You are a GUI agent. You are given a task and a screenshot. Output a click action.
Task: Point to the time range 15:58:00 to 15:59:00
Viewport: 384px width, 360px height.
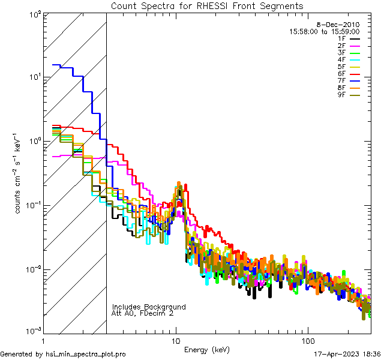click(x=325, y=31)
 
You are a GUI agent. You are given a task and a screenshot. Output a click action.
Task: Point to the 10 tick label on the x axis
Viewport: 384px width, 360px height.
click(x=175, y=340)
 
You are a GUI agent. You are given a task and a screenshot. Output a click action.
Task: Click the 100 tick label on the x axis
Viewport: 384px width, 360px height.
click(x=307, y=340)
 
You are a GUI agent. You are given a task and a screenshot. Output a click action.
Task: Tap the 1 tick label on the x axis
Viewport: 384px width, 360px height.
click(x=43, y=340)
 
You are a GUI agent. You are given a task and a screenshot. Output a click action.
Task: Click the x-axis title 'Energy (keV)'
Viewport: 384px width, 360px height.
click(x=207, y=349)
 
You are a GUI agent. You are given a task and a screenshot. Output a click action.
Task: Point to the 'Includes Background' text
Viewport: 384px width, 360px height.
click(x=149, y=307)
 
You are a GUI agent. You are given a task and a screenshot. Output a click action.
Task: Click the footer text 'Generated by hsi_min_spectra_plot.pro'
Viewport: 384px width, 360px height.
click(x=63, y=354)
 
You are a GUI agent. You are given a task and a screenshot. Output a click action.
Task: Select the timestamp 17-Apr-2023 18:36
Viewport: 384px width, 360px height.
click(x=347, y=354)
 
